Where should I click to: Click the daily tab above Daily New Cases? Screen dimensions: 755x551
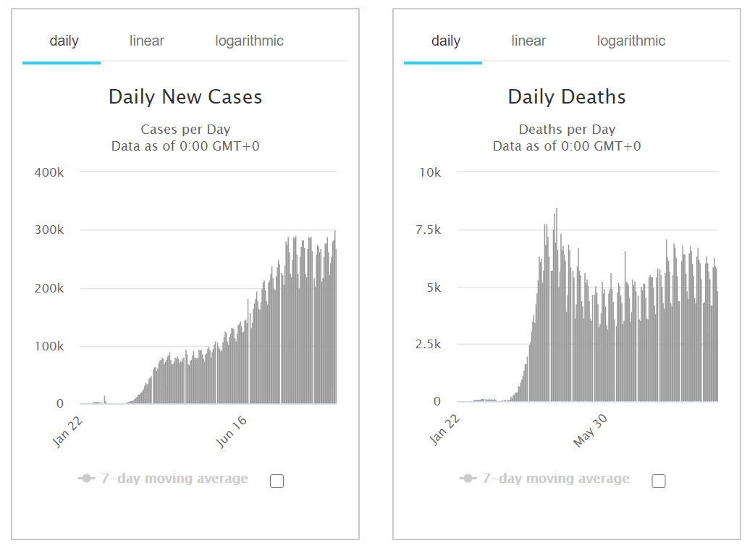tap(64, 41)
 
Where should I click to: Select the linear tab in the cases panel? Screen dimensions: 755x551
tap(147, 41)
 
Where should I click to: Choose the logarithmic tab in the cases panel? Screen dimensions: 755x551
tap(250, 41)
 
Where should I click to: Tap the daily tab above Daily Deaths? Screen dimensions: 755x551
tap(446, 41)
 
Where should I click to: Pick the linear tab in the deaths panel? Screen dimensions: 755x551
tap(528, 41)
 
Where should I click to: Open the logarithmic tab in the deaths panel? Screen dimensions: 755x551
tap(631, 41)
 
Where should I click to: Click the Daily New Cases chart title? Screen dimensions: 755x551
tap(185, 97)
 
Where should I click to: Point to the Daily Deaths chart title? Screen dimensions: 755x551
tap(567, 97)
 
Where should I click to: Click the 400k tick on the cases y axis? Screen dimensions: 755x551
tap(49, 172)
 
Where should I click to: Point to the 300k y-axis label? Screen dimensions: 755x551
tap(49, 230)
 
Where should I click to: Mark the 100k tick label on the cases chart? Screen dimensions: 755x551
tap(49, 346)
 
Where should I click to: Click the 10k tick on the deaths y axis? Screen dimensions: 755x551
tap(430, 172)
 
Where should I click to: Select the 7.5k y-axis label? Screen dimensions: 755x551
tap(428, 230)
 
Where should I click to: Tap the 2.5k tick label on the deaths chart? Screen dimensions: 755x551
tap(428, 345)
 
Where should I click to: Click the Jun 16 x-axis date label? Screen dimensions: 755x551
tap(231, 432)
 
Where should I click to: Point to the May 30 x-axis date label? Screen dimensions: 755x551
tap(590, 430)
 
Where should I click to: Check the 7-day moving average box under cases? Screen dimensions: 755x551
tap(277, 481)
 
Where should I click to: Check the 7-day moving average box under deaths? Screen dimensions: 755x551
tap(659, 481)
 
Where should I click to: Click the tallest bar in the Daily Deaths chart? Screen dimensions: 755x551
tap(557, 304)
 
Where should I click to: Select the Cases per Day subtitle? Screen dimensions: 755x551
tap(185, 130)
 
